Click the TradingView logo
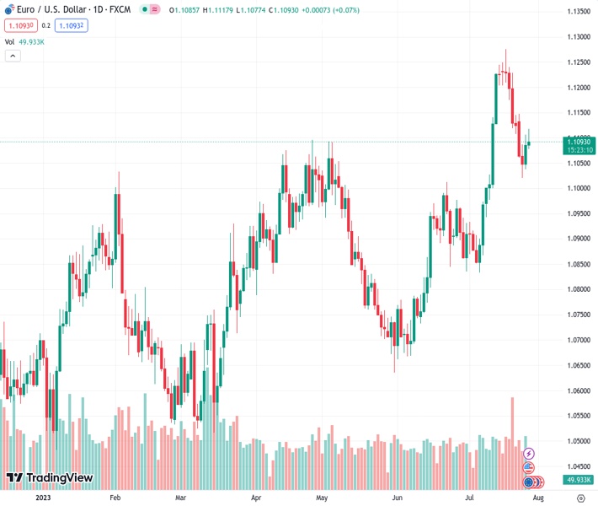point(50,478)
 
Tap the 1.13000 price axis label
point(578,37)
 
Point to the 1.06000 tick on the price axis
point(578,391)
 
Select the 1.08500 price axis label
point(578,265)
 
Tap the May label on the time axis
point(322,498)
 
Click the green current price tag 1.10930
point(579,142)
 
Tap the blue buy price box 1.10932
point(71,26)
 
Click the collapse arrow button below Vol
point(13,56)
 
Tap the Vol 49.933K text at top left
point(24,41)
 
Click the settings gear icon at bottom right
point(579,498)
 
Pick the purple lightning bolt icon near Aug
point(529,454)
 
